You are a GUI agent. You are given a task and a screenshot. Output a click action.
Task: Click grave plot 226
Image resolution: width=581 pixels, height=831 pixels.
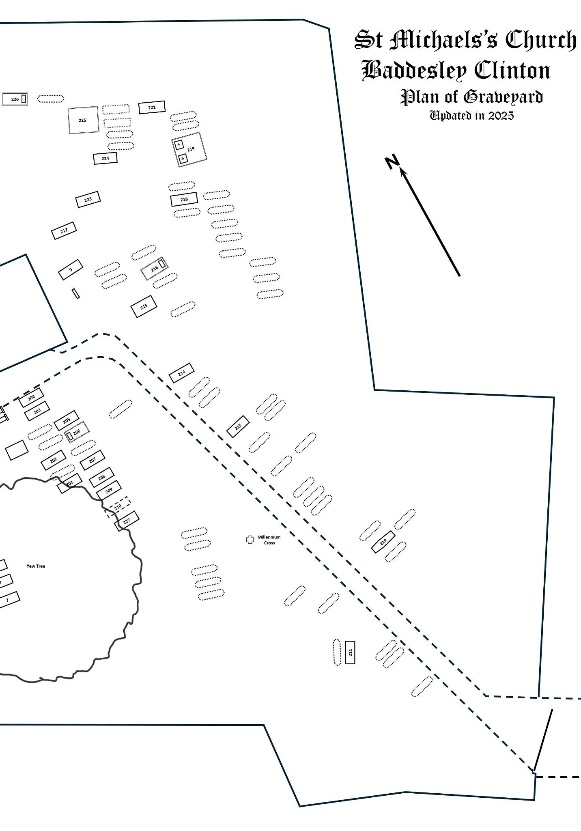click(x=15, y=99)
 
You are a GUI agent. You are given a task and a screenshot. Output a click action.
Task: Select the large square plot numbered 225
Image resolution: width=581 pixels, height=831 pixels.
click(x=83, y=120)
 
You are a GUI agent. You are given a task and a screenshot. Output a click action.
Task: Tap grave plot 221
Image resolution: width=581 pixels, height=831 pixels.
click(x=152, y=108)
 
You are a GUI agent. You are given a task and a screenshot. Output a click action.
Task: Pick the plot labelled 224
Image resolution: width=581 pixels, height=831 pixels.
click(x=105, y=158)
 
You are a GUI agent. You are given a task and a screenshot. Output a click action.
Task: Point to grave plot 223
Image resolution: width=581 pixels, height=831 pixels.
click(x=88, y=199)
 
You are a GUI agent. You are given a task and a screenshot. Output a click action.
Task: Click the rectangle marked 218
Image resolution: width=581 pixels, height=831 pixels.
click(x=184, y=199)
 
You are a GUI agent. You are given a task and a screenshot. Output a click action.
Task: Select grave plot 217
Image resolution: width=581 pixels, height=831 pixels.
click(x=64, y=231)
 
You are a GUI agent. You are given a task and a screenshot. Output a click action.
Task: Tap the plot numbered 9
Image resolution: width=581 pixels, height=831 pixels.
click(x=71, y=270)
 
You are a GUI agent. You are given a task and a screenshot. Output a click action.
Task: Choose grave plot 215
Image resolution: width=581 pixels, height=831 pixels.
click(x=144, y=307)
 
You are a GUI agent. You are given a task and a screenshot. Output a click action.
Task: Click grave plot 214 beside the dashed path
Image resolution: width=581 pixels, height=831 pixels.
click(x=181, y=373)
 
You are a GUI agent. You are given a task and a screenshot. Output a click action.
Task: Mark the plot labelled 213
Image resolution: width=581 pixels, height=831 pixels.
click(x=238, y=426)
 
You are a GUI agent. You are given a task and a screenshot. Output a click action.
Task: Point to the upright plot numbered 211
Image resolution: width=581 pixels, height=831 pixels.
click(x=350, y=652)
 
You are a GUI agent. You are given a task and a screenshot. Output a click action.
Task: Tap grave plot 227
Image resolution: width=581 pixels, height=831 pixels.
click(x=127, y=521)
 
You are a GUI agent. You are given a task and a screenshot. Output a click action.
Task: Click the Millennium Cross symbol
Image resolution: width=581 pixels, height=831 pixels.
click(x=250, y=540)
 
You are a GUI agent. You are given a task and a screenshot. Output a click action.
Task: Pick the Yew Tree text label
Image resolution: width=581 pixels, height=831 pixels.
click(x=36, y=566)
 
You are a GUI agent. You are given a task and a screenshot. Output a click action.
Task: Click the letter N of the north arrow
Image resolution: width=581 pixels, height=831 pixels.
click(x=392, y=162)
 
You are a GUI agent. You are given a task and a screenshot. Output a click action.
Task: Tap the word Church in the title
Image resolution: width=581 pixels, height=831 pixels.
click(x=540, y=41)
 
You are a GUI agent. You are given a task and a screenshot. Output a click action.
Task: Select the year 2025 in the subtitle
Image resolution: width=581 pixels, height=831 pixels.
click(x=501, y=116)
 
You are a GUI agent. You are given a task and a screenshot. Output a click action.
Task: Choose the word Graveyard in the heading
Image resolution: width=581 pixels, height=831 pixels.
click(x=503, y=97)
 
